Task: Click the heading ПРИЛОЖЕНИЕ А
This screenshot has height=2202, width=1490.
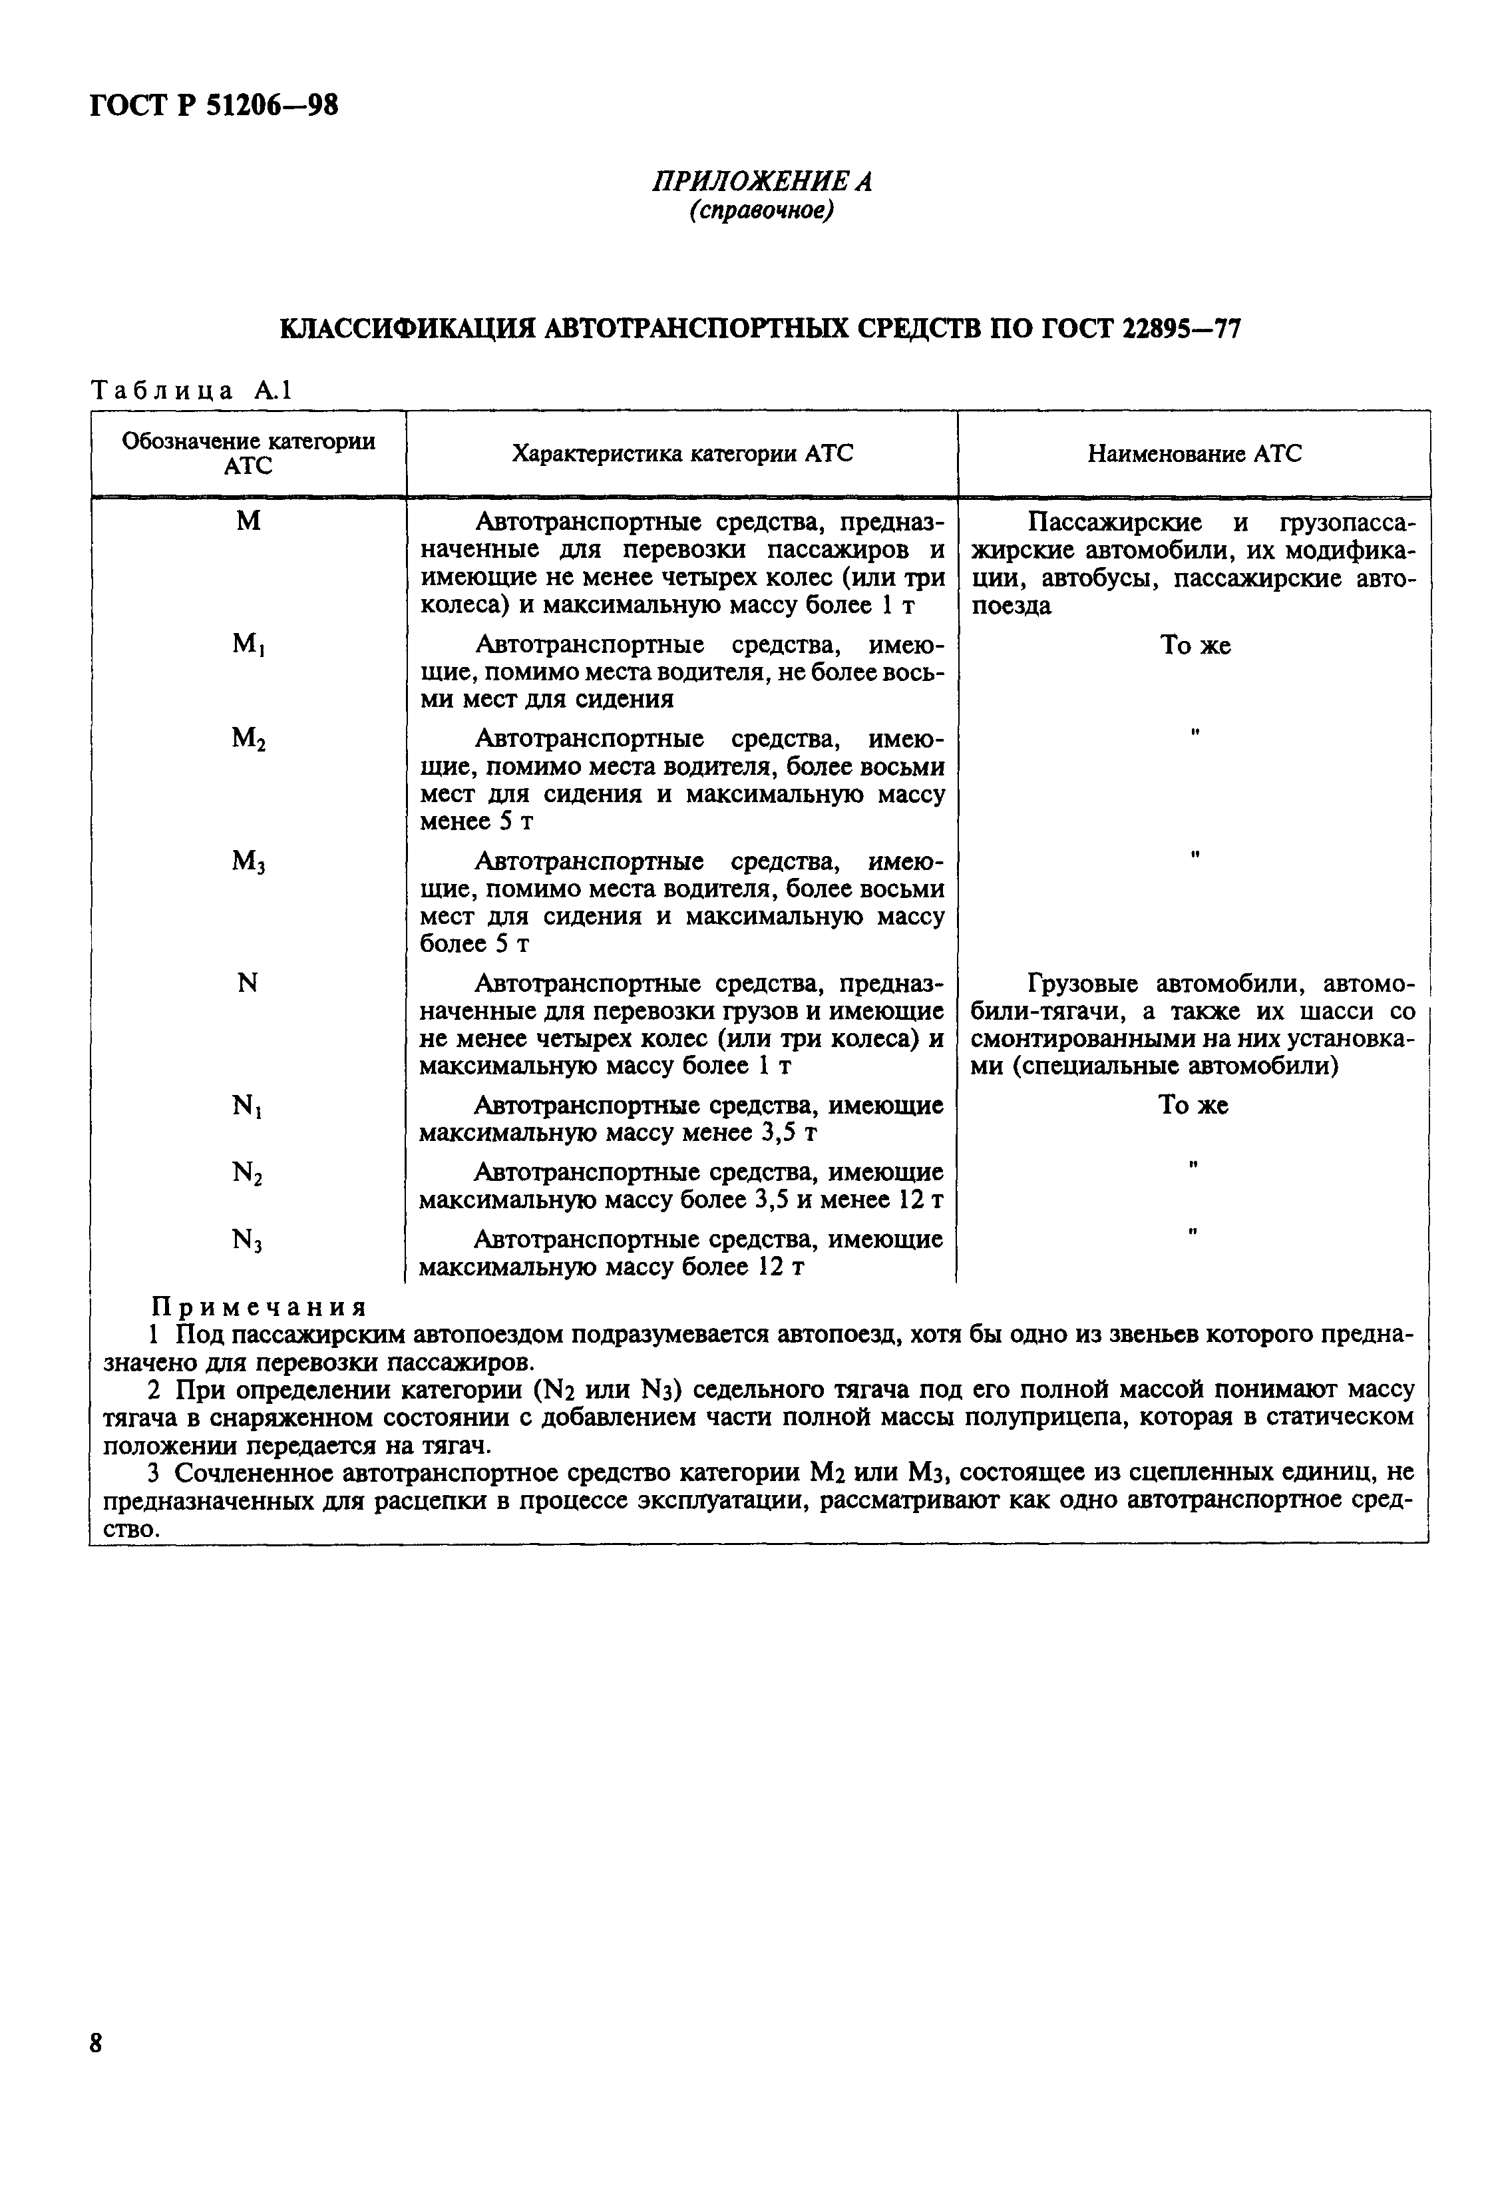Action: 761,180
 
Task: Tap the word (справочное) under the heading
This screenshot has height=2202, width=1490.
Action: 761,210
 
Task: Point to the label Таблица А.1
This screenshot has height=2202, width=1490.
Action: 192,390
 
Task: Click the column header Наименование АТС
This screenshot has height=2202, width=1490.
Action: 1193,454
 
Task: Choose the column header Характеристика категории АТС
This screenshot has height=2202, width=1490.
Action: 682,454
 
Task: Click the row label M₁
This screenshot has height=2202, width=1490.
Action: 248,645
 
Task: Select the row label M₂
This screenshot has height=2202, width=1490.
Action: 248,739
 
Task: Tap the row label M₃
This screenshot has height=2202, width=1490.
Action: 248,861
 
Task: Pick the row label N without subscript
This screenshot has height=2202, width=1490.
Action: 248,983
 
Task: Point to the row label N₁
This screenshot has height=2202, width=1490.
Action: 248,1106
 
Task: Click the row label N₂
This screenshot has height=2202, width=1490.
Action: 248,1173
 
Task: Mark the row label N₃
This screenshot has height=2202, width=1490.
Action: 248,1239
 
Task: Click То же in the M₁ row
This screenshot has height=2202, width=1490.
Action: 1195,645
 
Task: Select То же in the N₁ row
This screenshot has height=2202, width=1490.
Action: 1193,1106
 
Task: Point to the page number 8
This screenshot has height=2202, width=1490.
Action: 96,2043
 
